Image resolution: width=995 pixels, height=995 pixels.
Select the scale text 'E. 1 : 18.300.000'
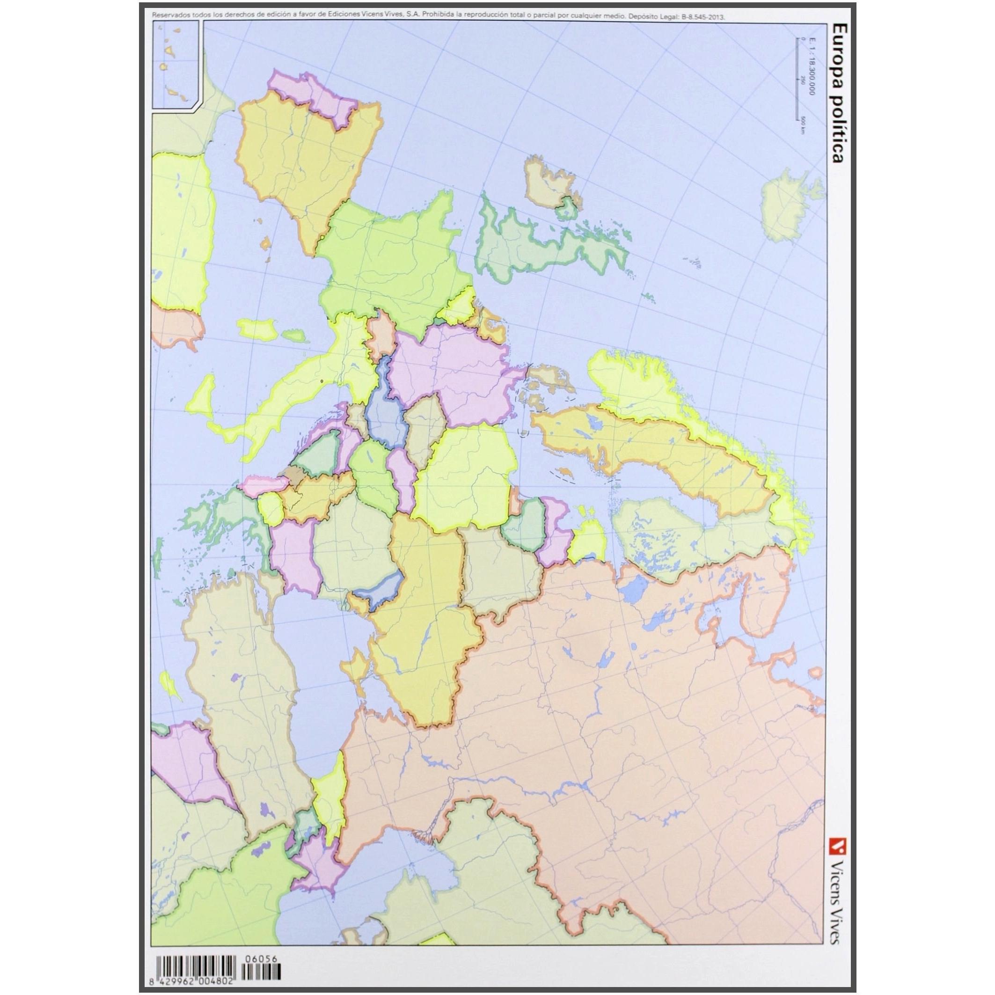[x=812, y=72]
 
